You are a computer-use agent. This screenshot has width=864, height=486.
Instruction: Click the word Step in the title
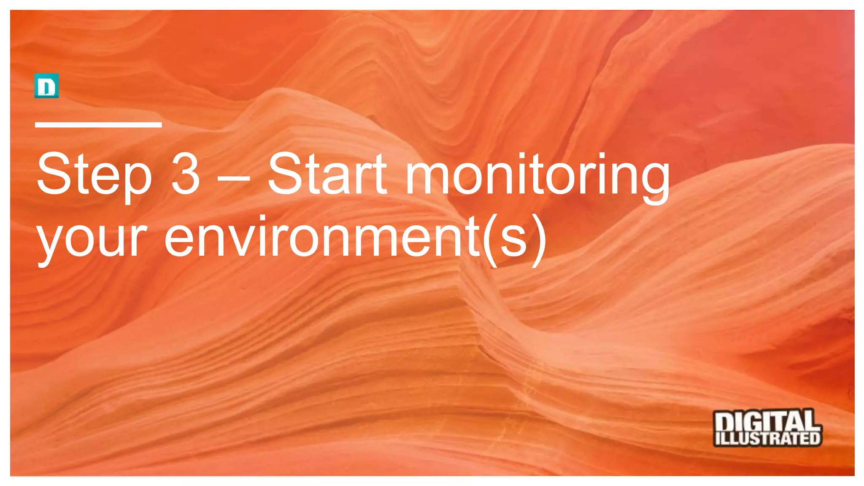pyautogui.click(x=94, y=175)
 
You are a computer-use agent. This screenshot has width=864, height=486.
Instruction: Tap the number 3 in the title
pyautogui.click(x=185, y=174)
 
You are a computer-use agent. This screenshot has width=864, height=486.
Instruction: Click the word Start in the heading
pyautogui.click(x=327, y=174)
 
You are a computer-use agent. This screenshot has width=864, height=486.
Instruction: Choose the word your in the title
pyautogui.click(x=92, y=240)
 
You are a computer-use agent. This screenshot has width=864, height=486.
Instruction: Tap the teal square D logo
pyautogui.click(x=46, y=86)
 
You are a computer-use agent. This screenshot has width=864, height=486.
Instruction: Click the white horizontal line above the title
pyautogui.click(x=98, y=124)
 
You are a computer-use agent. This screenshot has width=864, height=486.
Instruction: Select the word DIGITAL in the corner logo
pyautogui.click(x=767, y=421)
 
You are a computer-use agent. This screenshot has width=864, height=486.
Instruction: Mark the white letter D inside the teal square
pyautogui.click(x=46, y=86)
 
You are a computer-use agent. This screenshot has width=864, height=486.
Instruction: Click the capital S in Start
pyautogui.click(x=285, y=174)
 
